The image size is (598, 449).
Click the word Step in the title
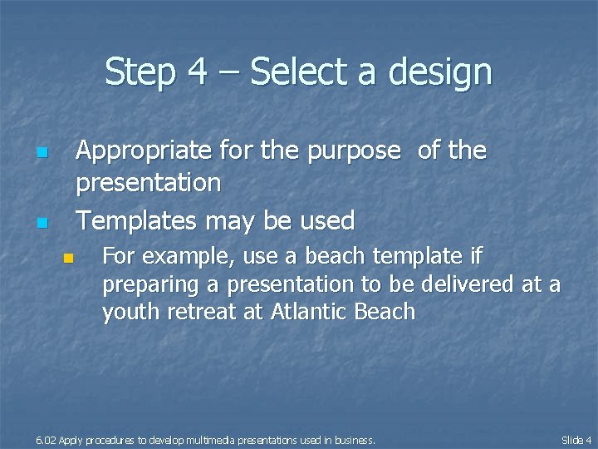pyautogui.click(x=139, y=72)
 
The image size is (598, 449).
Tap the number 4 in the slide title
pyautogui.click(x=197, y=72)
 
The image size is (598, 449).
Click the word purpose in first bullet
pyautogui.click(x=348, y=152)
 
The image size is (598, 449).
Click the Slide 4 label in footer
pyautogui.click(x=576, y=440)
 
